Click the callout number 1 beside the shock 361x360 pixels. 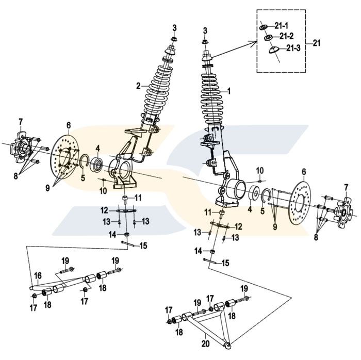[229, 91]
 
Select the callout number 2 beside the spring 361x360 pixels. [138, 86]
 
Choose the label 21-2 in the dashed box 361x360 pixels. [286, 36]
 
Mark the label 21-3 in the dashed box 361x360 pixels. [293, 48]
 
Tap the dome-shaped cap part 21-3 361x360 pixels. [274, 50]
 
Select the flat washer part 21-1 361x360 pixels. [264, 26]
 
